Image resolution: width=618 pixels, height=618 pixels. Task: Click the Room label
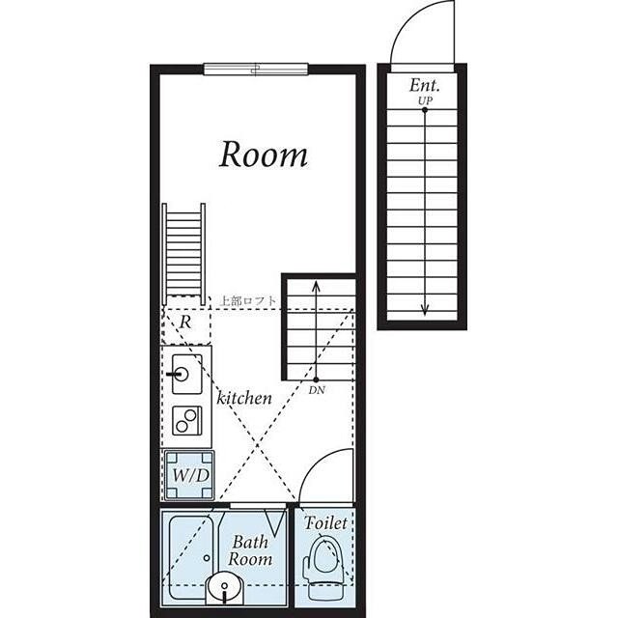click(264, 154)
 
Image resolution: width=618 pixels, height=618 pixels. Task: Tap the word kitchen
click(244, 398)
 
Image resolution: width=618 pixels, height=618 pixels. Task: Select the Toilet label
click(325, 523)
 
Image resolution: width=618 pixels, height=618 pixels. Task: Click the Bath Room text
click(250, 550)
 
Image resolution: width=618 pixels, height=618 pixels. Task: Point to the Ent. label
click(424, 85)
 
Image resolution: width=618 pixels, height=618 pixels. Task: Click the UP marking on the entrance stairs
click(425, 100)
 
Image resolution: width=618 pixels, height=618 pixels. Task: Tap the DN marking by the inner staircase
click(317, 390)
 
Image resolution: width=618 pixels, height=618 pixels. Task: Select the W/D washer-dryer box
click(189, 476)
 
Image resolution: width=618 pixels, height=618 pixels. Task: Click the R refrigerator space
click(186, 326)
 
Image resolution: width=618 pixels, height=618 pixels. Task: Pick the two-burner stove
click(187, 420)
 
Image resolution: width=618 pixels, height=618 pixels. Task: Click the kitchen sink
click(187, 374)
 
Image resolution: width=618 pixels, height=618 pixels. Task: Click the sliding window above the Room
click(256, 69)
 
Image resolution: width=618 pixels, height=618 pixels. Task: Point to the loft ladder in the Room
click(184, 254)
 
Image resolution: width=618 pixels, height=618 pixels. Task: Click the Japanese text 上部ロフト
click(248, 301)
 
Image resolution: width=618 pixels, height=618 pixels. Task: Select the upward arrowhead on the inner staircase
click(316, 286)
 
